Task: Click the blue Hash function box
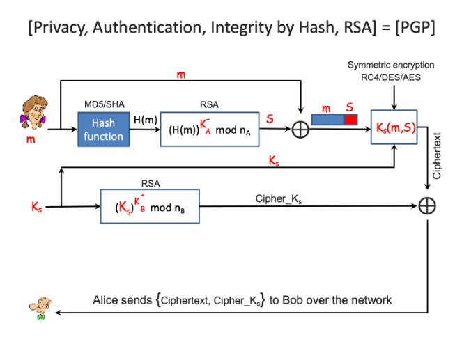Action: [104, 129]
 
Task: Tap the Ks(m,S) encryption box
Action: [394, 127]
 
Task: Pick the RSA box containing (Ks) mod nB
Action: [150, 206]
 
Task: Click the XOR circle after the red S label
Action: [300, 130]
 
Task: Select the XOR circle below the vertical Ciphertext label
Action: [427, 206]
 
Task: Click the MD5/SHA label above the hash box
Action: [104, 103]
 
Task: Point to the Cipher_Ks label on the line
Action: [279, 198]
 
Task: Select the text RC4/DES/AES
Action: [394, 77]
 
